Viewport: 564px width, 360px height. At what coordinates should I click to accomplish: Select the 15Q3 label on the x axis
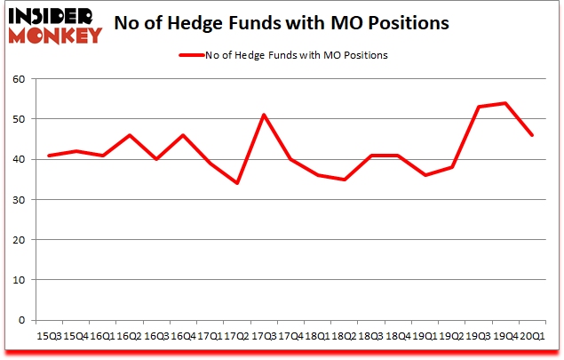48,337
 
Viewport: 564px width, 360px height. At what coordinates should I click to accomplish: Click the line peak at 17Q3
265,115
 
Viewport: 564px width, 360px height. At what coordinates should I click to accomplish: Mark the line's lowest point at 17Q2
237,183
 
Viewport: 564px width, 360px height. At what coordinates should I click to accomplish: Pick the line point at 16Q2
129,135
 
